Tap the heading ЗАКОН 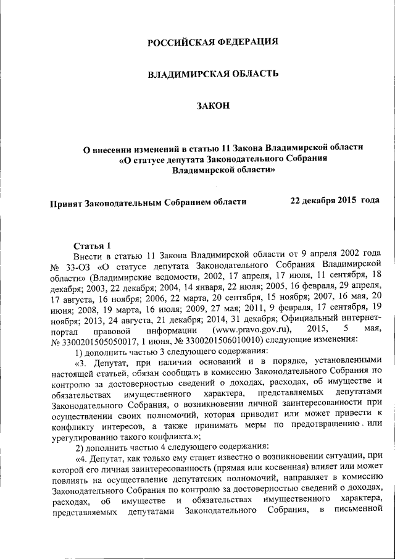[213, 106]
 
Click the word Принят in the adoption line [65, 201]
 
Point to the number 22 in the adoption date [296, 201]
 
